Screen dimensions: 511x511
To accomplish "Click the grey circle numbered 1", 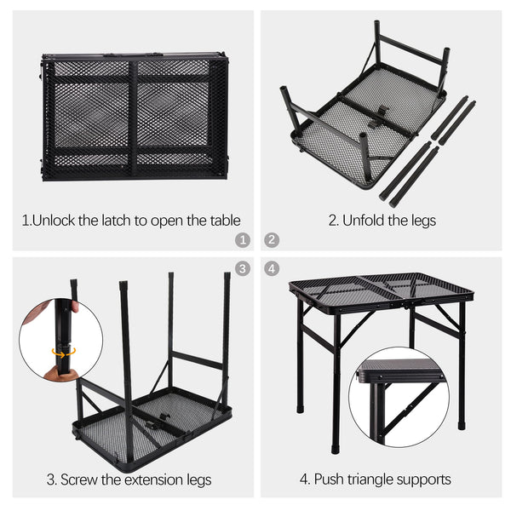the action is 243,240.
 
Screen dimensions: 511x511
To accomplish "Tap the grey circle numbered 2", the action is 272,240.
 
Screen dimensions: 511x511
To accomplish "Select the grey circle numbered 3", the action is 243,269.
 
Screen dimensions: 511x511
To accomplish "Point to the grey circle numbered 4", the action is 272,269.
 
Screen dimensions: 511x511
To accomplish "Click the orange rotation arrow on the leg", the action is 64,353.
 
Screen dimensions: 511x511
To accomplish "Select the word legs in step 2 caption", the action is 423,221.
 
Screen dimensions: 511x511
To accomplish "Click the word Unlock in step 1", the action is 55,221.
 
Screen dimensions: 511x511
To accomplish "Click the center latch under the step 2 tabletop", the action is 379,116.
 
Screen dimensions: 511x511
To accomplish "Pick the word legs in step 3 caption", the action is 198,480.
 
